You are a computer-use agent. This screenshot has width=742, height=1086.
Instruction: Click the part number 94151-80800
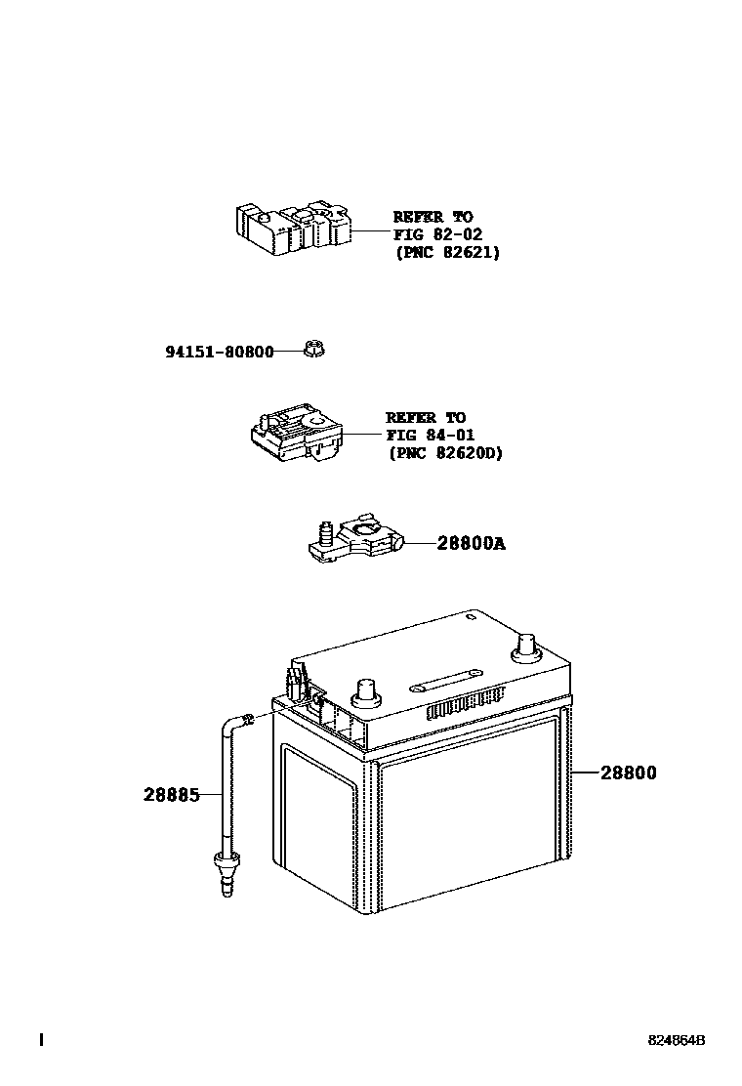(219, 351)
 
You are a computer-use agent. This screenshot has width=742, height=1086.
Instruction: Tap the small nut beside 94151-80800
(314, 348)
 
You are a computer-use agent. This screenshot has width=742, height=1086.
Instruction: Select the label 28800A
(471, 543)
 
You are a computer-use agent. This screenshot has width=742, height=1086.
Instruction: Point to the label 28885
(172, 795)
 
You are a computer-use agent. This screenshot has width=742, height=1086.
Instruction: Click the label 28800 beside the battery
(628, 773)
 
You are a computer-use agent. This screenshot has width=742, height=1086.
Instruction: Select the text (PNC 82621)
(447, 252)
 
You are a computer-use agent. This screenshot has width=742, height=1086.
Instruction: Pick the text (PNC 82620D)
(445, 452)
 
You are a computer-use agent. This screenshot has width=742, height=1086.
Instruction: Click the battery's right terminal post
(525, 646)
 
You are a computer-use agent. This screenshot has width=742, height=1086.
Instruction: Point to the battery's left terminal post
(368, 690)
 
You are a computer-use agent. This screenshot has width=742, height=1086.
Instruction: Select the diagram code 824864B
(676, 1041)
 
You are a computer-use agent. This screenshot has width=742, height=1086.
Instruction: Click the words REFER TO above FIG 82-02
(433, 217)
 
